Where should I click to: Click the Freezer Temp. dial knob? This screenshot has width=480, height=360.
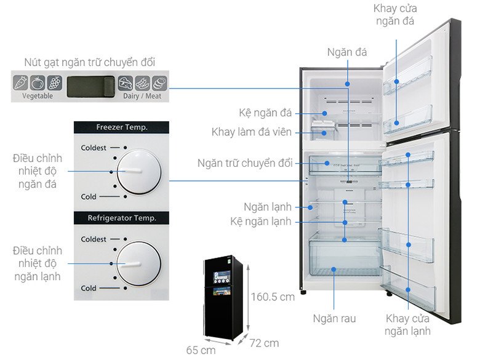139,172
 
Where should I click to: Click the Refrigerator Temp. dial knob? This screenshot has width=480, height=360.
139,263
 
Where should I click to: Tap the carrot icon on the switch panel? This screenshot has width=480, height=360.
21,82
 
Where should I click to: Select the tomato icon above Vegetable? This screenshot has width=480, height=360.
38,82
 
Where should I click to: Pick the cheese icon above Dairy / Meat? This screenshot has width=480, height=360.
126,83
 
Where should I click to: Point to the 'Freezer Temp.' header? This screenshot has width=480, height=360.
122,127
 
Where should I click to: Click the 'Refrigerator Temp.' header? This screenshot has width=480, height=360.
122,218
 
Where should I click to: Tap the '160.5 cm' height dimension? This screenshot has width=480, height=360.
273,297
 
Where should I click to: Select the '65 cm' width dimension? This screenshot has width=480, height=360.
201,350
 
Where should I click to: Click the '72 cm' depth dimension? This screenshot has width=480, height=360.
264,343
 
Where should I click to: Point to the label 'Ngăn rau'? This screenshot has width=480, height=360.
334,318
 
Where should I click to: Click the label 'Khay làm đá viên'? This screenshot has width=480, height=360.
251,132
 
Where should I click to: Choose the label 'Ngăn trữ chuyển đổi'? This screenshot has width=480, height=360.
245,163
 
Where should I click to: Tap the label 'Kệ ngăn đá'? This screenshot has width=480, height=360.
265,113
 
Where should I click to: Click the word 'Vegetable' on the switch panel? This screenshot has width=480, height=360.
38,96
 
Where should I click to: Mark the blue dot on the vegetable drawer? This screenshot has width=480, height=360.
334,270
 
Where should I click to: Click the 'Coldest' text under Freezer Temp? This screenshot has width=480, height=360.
94,148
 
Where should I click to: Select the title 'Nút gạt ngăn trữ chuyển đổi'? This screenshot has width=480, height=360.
90,62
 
